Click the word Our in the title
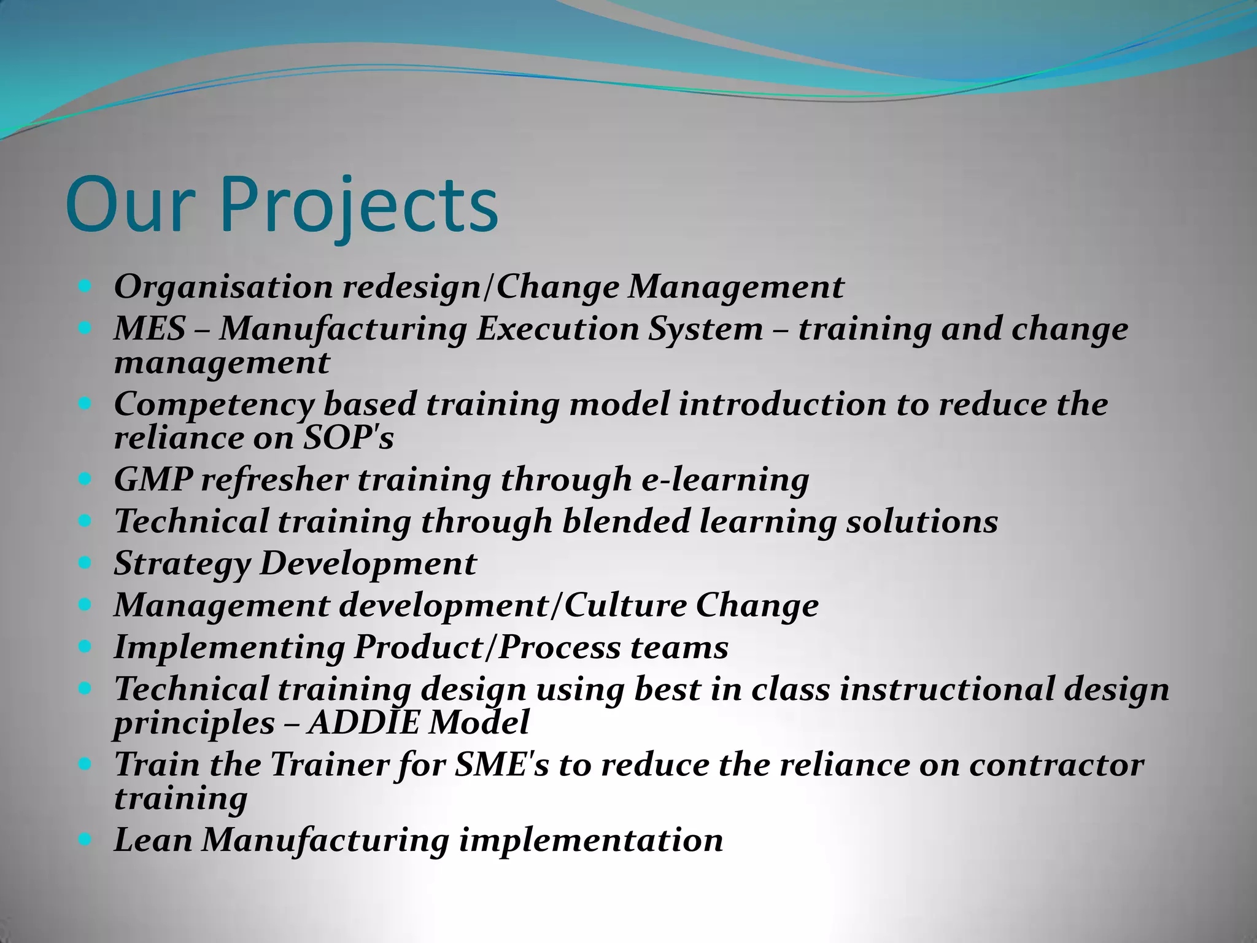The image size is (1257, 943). click(x=131, y=206)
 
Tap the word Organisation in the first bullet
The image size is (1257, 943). click(x=223, y=287)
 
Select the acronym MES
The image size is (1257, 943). click(x=149, y=329)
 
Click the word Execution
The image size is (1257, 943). click(x=558, y=329)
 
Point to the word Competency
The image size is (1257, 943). click(x=214, y=405)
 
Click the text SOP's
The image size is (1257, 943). click(x=348, y=438)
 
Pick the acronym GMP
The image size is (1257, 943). click(x=153, y=480)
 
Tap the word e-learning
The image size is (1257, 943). click(x=725, y=480)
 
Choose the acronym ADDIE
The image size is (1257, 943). click(x=363, y=723)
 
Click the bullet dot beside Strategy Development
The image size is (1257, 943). click(x=85, y=561)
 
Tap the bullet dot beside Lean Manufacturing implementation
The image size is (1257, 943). click(x=85, y=838)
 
